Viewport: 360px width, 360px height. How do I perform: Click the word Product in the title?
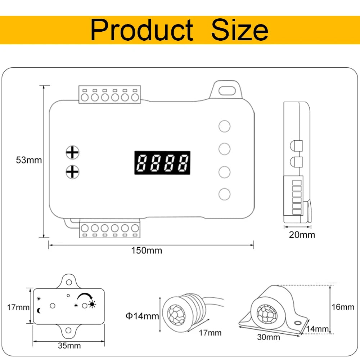click(x=141, y=30)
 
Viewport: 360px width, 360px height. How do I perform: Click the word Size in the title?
click(x=239, y=30)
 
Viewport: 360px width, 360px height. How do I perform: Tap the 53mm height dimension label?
click(x=29, y=160)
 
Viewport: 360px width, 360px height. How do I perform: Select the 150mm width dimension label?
click(x=147, y=251)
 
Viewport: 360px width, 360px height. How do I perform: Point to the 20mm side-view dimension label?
click(x=302, y=235)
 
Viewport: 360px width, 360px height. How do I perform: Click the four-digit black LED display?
click(x=162, y=163)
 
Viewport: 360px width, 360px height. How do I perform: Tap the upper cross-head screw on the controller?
click(x=72, y=152)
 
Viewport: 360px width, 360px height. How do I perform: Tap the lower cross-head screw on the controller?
click(x=72, y=172)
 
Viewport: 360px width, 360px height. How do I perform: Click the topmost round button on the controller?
click(x=224, y=126)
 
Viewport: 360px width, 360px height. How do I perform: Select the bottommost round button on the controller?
click(x=224, y=194)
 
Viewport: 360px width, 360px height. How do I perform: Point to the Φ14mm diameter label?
click(x=142, y=316)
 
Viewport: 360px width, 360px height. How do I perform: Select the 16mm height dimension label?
click(x=342, y=307)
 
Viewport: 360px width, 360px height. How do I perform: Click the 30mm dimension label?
click(x=268, y=337)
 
